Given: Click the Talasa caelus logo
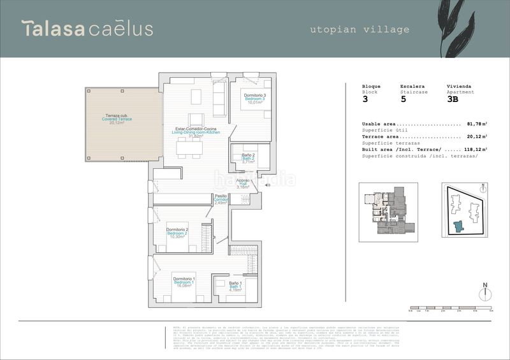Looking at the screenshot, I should (87, 29).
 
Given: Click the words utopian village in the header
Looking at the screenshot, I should (360, 29).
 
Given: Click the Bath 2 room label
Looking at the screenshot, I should (249, 159).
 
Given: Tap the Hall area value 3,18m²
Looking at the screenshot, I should (243, 187).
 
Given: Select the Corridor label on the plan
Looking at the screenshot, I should (221, 199).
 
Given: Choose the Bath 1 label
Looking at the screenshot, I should (236, 287).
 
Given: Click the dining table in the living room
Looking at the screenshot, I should (189, 148).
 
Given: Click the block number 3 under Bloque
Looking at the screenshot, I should (365, 99).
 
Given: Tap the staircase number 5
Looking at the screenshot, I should (403, 99).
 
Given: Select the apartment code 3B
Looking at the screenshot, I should (453, 99).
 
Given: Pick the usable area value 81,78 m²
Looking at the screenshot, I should (477, 124).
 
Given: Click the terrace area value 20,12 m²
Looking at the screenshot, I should (477, 136).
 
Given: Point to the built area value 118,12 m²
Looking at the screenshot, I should (476, 149).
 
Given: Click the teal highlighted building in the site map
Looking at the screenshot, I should (458, 226).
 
